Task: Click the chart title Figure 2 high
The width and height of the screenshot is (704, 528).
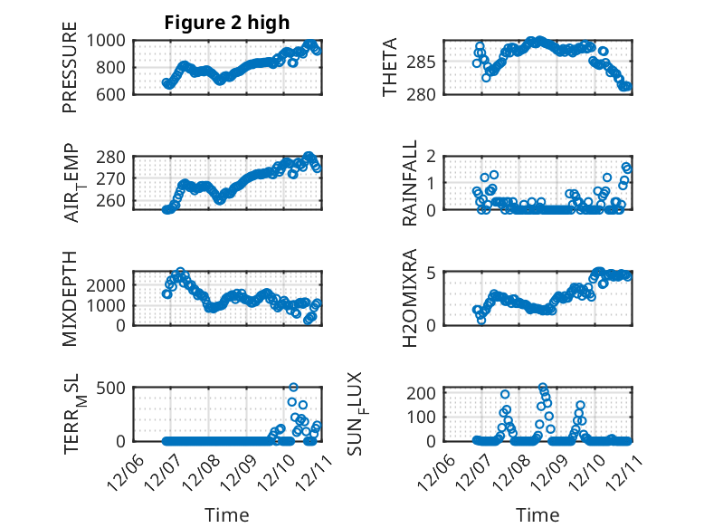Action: tap(227, 23)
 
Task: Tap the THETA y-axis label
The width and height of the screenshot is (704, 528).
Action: tap(390, 68)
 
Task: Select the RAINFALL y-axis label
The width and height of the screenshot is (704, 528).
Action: tap(409, 182)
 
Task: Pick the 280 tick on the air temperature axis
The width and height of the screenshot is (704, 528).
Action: tap(115, 157)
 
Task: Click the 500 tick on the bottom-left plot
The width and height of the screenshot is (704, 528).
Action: tap(115, 388)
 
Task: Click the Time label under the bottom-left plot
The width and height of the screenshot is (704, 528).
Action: tap(227, 514)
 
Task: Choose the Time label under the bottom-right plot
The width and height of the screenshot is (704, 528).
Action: tap(538, 514)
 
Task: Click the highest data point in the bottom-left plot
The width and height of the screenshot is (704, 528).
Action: tap(293, 388)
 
